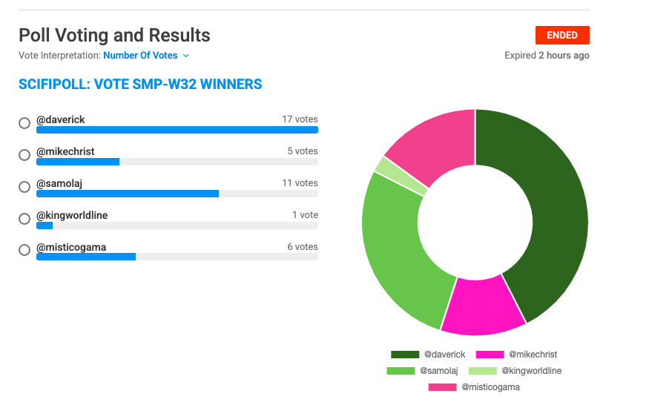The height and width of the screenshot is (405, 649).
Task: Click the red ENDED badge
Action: pyautogui.click(x=562, y=35)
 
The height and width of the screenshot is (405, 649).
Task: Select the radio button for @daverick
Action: pyautogui.click(x=24, y=123)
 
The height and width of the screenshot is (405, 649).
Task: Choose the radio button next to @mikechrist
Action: pyautogui.click(x=24, y=155)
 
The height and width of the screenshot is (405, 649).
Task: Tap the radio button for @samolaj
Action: pyautogui.click(x=24, y=187)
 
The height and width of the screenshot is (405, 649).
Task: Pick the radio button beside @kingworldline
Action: pyautogui.click(x=24, y=219)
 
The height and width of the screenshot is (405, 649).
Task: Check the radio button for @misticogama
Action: pyautogui.click(x=24, y=251)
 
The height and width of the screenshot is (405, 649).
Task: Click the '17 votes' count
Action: pyautogui.click(x=300, y=119)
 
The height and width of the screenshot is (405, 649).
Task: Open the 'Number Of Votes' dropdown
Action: pyautogui.click(x=146, y=56)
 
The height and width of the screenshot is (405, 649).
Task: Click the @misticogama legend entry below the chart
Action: pyautogui.click(x=474, y=387)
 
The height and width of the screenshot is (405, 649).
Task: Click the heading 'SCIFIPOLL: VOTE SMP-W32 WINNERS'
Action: pyautogui.click(x=140, y=85)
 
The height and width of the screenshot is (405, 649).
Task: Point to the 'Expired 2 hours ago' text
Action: pyautogui.click(x=547, y=56)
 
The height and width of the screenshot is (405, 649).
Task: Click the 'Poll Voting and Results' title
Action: pyautogui.click(x=114, y=35)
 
